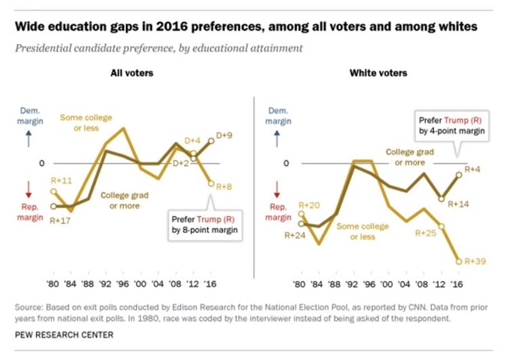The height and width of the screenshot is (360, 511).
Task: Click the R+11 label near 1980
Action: pyautogui.click(x=62, y=180)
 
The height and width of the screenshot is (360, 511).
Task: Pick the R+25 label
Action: pyautogui.click(x=425, y=233)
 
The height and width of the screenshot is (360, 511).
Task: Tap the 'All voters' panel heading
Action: pyautogui.click(x=132, y=73)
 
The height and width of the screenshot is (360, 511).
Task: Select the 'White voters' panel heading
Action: pyautogui.click(x=377, y=73)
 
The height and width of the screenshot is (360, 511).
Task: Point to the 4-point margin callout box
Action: pyautogui.click(x=451, y=126)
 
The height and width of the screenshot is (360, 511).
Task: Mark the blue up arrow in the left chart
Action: pyautogui.click(x=28, y=140)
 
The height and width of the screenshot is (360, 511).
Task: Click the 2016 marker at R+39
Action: pyautogui.click(x=459, y=260)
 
